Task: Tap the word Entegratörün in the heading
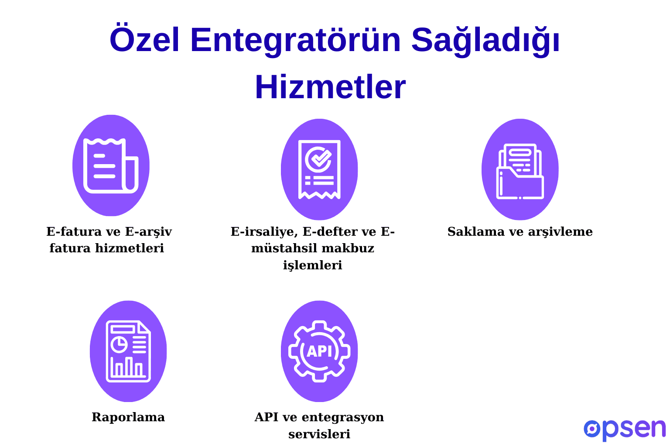point(295,40)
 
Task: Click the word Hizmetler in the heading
point(330,87)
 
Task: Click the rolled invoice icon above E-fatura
point(111,166)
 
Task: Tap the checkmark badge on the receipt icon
point(319,158)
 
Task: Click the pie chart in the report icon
point(119,344)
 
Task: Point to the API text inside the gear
point(319,351)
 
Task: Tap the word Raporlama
point(128,417)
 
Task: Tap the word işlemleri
point(312,265)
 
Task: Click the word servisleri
point(319,434)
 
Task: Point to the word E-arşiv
point(148,231)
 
